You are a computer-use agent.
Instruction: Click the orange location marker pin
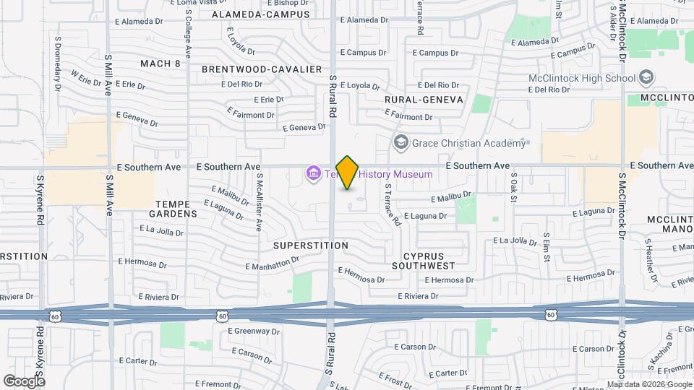point(347,172)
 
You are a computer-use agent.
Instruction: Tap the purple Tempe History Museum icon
point(314,173)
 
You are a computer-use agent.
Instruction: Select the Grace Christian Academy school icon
point(400,142)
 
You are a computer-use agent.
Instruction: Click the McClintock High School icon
point(646,78)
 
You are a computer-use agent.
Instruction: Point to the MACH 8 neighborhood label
point(160,64)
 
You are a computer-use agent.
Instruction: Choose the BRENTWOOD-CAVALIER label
point(262,69)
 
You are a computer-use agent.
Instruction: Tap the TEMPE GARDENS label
point(173,209)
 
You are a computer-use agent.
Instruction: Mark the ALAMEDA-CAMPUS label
point(261,14)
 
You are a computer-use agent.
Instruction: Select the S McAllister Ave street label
point(257,206)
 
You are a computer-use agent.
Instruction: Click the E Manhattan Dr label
point(271,265)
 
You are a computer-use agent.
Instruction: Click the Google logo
point(24,381)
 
